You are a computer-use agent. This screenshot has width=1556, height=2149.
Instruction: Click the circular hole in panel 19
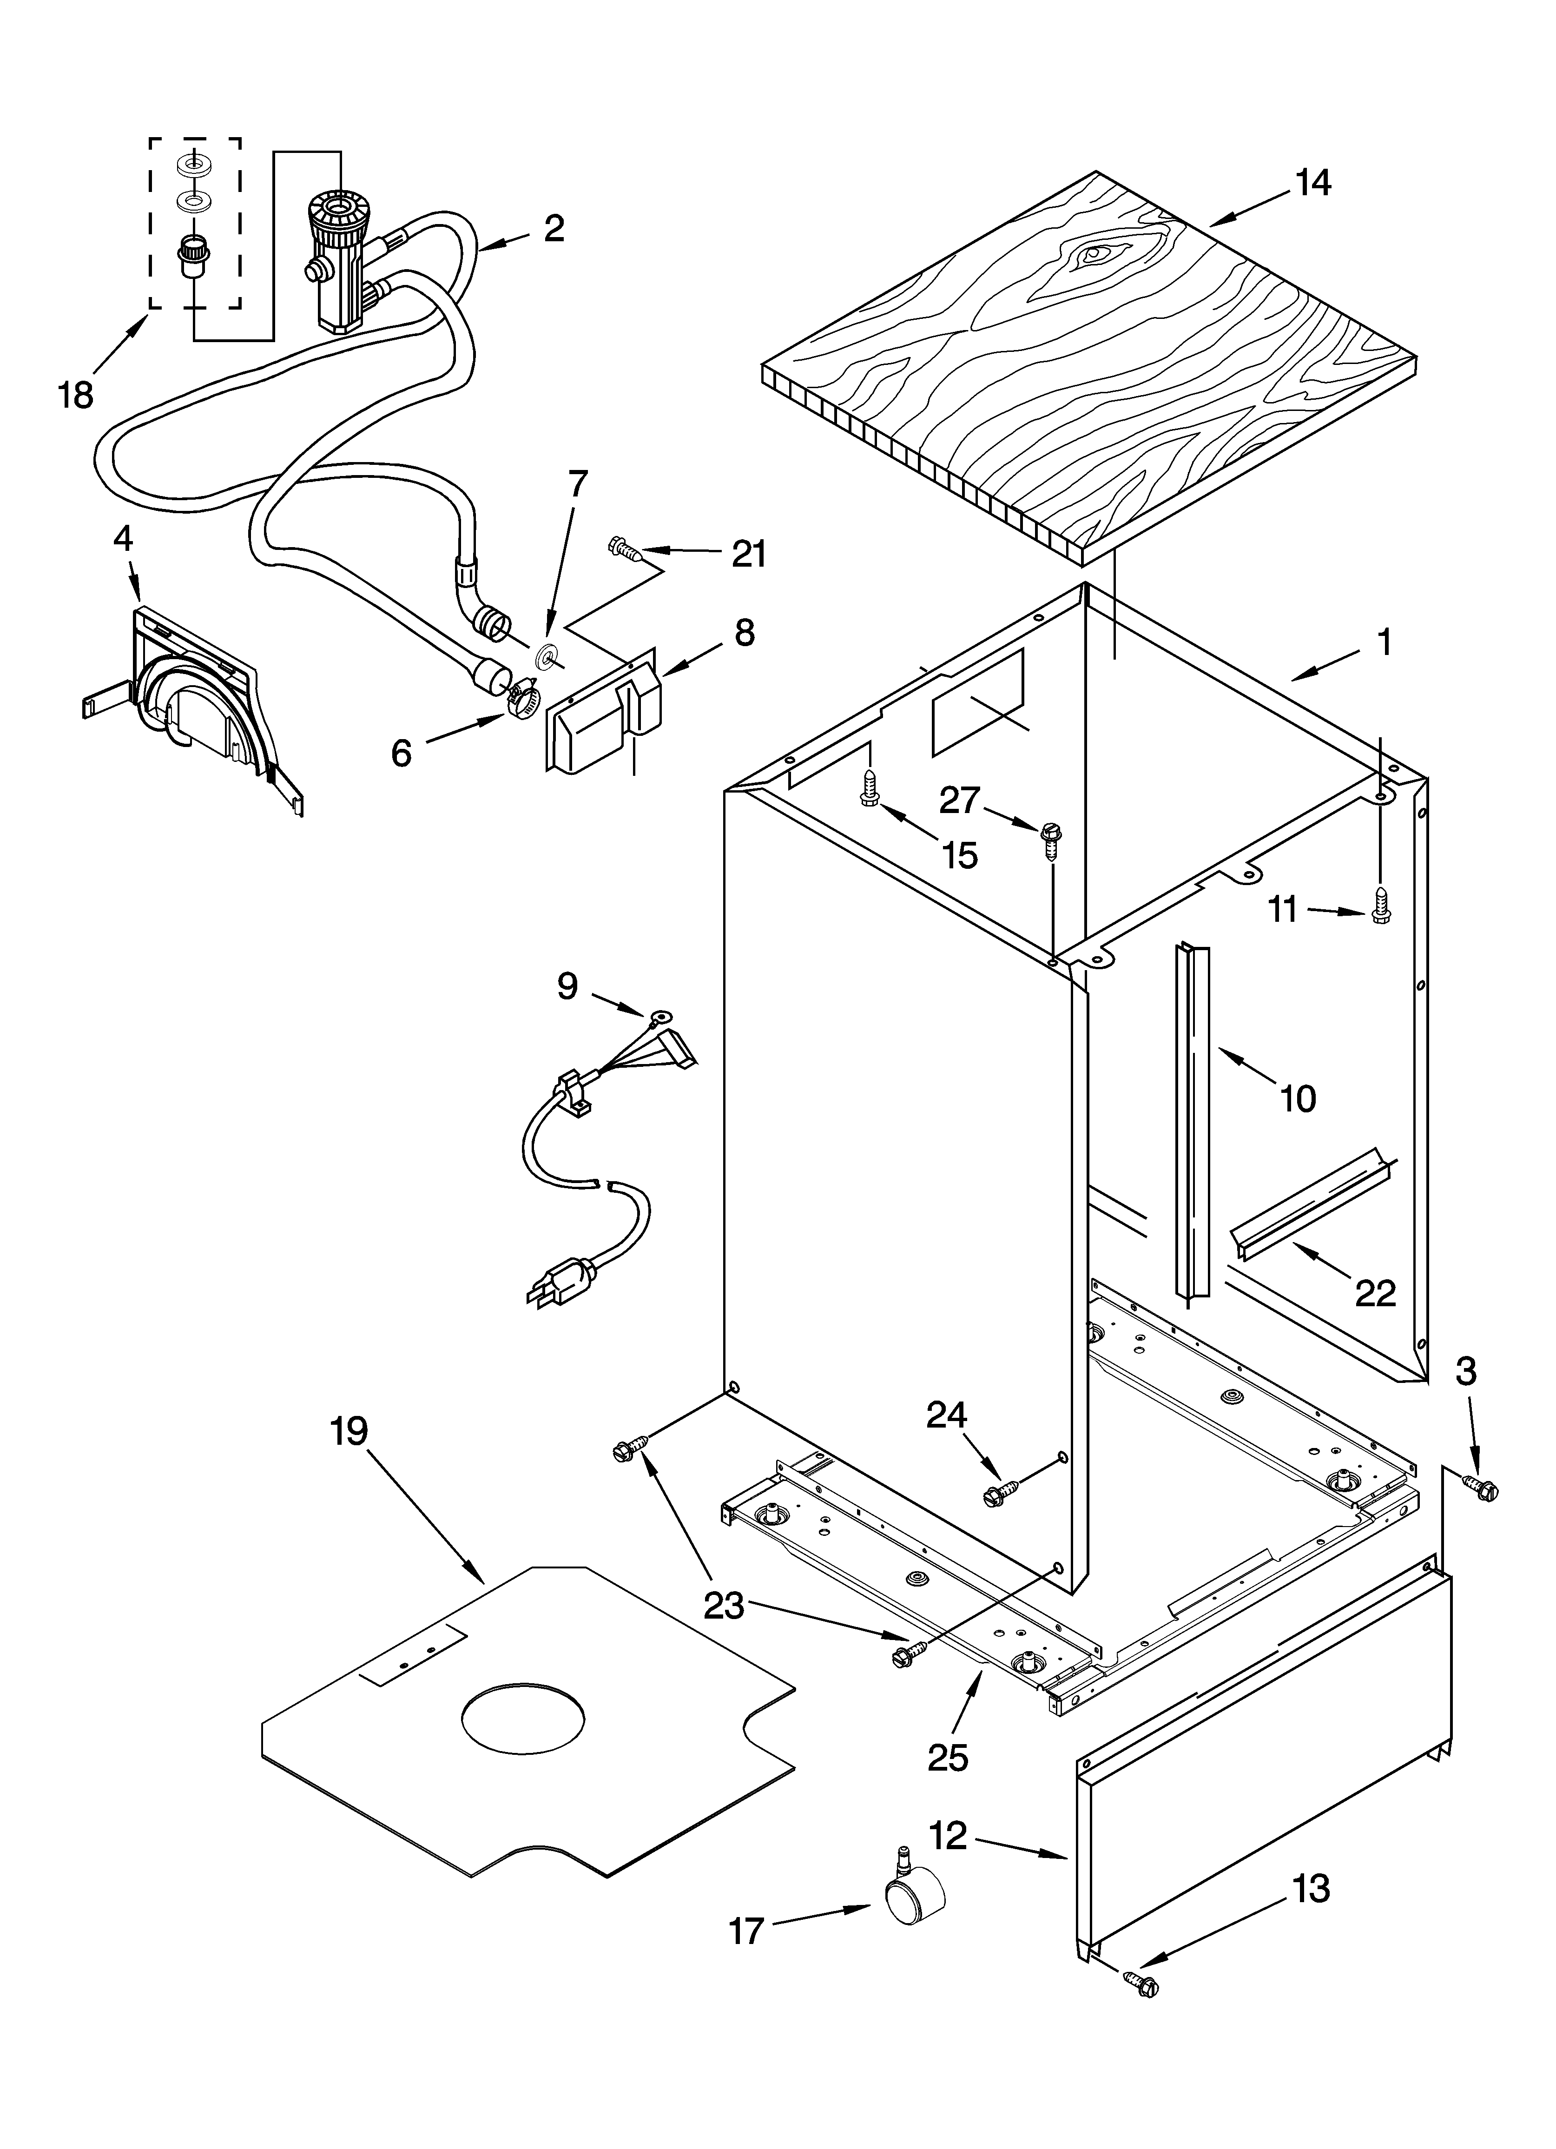(x=523, y=1717)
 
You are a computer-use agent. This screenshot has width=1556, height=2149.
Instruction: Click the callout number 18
(x=76, y=393)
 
